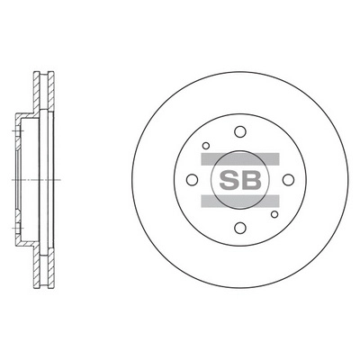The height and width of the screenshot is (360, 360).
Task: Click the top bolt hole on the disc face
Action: point(238,131)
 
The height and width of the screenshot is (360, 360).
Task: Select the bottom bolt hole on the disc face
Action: point(238,227)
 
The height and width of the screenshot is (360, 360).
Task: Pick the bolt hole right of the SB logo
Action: point(286,179)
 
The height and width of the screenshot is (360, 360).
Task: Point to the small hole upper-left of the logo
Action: point(206,145)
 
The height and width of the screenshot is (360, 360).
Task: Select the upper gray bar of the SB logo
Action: point(238,157)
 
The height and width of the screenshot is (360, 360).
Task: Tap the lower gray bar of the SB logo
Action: point(238,202)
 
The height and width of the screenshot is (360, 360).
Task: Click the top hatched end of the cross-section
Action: point(41,76)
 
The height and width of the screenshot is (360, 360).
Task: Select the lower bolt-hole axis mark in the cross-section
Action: point(15,225)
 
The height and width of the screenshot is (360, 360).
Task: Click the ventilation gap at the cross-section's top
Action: point(41,90)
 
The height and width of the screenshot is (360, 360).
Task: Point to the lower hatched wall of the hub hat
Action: point(25,246)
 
